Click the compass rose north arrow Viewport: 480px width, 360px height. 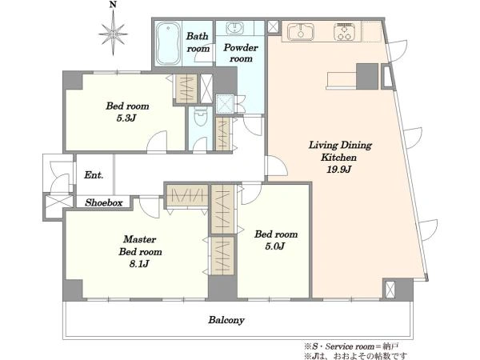point(114,33)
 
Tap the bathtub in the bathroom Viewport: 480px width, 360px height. point(168,43)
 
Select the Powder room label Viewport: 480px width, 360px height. point(241,53)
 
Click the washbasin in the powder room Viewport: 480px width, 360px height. point(234,28)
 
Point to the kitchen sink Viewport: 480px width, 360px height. point(301,31)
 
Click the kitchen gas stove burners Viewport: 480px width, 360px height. point(344,31)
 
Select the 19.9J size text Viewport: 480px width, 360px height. point(338,169)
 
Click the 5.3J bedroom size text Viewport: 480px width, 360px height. point(126,118)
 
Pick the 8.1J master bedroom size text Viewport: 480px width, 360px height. point(139,264)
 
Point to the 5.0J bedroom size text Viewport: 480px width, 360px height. point(275,246)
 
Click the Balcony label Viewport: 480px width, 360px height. point(226,320)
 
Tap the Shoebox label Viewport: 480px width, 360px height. point(104,202)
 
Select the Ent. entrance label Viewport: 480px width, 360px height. point(94,175)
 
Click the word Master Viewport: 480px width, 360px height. point(139,239)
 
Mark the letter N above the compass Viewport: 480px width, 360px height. point(114,4)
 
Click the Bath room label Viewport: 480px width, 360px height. point(198,42)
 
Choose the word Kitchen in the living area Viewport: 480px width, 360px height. point(338,158)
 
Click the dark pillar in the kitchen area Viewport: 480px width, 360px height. point(367,77)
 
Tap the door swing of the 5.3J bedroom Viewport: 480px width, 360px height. point(157,142)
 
